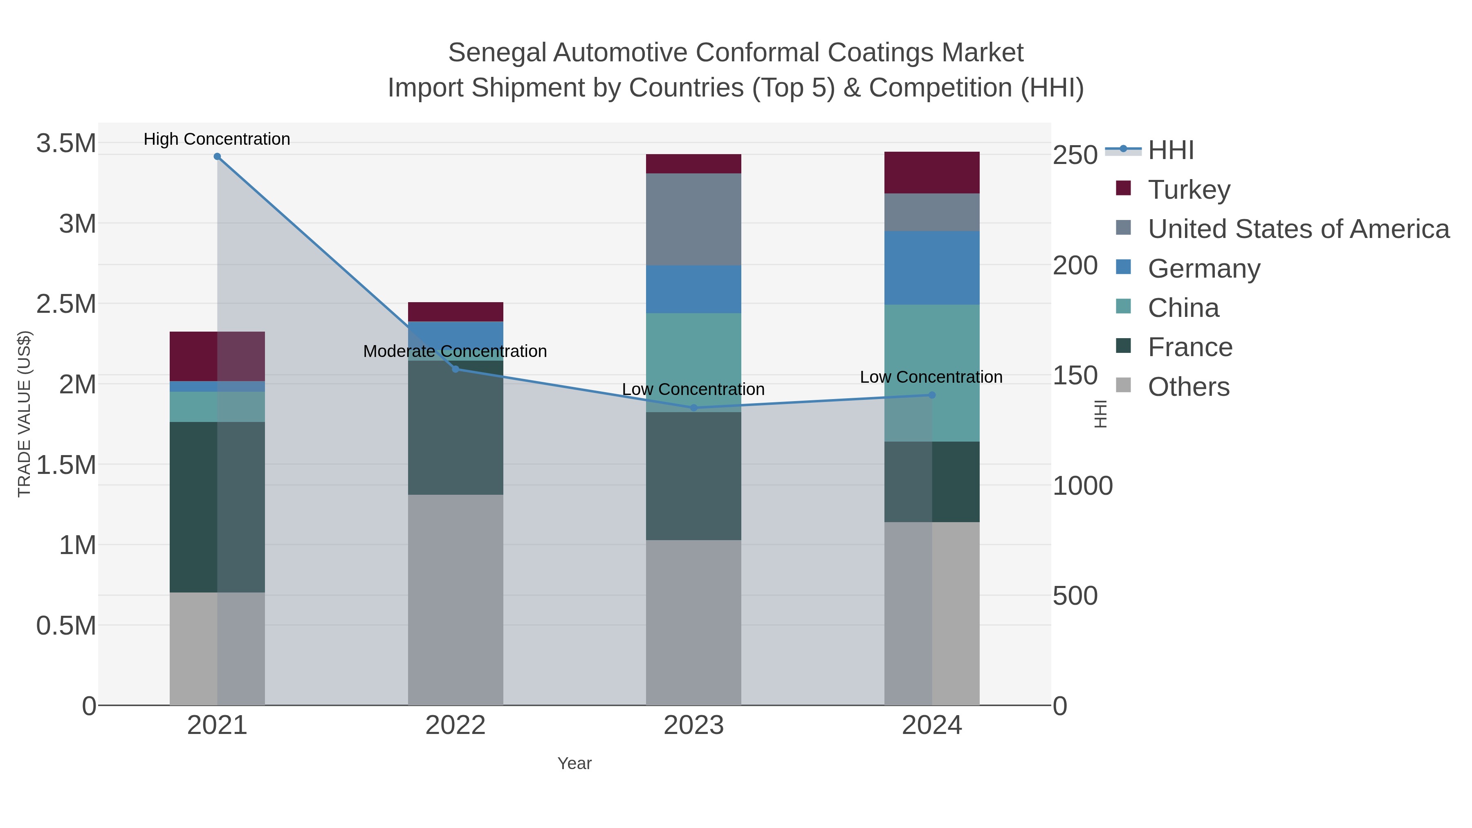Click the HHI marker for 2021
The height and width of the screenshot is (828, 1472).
coord(217,157)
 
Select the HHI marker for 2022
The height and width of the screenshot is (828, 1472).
coord(456,369)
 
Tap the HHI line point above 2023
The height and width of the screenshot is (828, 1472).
coord(694,408)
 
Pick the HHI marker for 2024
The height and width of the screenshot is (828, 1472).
coord(932,395)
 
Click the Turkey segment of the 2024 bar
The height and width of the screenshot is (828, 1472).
coord(932,173)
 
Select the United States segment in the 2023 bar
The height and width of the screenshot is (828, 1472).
coord(694,220)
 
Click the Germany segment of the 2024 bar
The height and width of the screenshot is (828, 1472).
coord(932,268)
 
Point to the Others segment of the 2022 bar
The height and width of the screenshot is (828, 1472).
coord(456,600)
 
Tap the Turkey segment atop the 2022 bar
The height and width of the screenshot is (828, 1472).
coord(456,312)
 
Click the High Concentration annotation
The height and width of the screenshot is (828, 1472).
coord(217,139)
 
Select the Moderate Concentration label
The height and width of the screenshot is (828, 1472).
coord(456,351)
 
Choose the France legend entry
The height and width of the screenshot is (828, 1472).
coord(1190,348)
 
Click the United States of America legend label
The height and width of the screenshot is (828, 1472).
coord(1298,229)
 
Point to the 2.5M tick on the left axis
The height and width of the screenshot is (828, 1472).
coord(66,304)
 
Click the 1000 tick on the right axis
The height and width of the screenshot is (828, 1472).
coord(1082,486)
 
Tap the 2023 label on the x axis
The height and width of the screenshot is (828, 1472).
coord(694,726)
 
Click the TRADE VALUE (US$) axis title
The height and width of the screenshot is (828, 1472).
coord(24,414)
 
